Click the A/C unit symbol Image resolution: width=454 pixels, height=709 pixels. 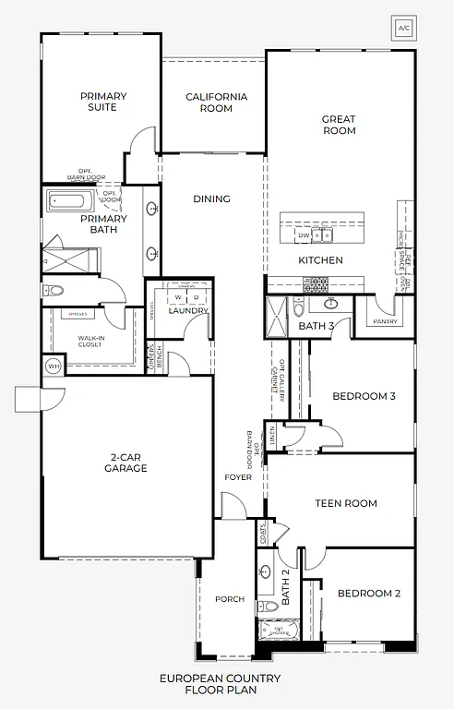(x=403, y=27)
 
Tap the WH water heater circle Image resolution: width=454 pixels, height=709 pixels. (x=53, y=367)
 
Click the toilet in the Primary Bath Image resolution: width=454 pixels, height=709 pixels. (x=55, y=291)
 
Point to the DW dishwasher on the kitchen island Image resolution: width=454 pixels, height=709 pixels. (x=303, y=235)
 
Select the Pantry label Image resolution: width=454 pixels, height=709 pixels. (x=386, y=322)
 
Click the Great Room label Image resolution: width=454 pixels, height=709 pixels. (x=339, y=125)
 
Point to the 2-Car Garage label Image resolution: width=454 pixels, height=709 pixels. (x=128, y=463)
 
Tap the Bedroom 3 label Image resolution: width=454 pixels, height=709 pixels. (x=364, y=397)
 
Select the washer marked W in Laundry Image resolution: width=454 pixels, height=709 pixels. (x=178, y=298)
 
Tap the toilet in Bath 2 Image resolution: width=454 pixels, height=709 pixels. (x=267, y=606)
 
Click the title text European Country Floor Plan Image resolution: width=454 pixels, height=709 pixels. (x=220, y=683)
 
